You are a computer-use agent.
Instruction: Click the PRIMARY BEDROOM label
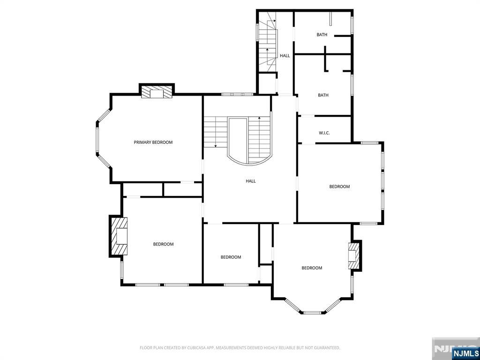(x=153, y=142)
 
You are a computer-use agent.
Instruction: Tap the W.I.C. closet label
(x=324, y=133)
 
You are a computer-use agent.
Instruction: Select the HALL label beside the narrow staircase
(x=285, y=56)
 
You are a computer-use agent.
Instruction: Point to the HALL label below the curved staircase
(x=251, y=181)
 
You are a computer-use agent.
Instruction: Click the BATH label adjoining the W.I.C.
(x=323, y=95)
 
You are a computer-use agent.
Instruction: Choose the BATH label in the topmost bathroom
(x=322, y=35)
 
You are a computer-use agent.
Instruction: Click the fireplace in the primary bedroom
(x=157, y=92)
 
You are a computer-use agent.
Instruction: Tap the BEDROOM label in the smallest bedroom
(x=231, y=257)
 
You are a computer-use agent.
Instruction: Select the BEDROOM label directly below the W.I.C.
(x=340, y=187)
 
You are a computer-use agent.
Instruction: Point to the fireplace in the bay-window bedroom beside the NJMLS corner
(x=355, y=255)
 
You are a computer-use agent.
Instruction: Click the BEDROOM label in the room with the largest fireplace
(x=164, y=244)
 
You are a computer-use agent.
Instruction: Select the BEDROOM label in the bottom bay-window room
(x=312, y=268)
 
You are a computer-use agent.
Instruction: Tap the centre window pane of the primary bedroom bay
(x=98, y=141)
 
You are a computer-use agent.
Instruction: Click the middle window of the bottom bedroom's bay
(x=312, y=312)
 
